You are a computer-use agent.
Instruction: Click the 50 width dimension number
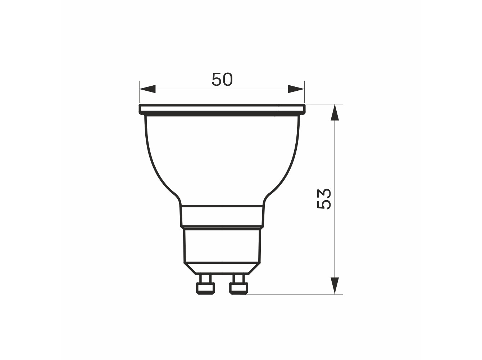pos(222,79)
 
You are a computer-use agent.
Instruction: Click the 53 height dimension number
pos(324,199)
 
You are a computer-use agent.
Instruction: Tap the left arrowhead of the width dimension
pos(147,89)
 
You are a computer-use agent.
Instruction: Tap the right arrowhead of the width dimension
pos(296,89)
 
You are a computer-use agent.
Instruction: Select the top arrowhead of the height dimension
pos(335,112)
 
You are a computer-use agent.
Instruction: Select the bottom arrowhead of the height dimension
pos(335,286)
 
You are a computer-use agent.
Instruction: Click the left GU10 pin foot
pos(205,289)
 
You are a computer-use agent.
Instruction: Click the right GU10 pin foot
pos(239,289)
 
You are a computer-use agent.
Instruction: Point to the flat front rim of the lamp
pos(222,109)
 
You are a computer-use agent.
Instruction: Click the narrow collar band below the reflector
pos(222,216)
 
